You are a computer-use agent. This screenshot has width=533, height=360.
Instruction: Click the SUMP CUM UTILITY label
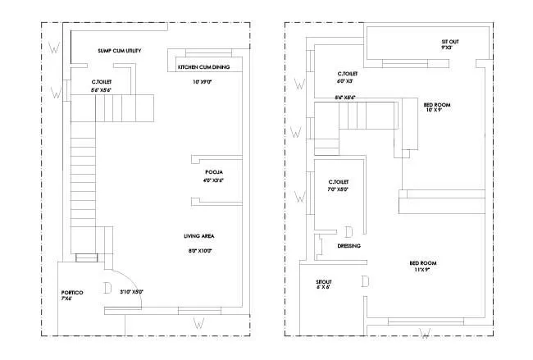click(x=120, y=51)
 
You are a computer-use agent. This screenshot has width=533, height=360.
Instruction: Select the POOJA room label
click(x=215, y=172)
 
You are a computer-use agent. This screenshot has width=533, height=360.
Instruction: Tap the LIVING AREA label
click(x=199, y=236)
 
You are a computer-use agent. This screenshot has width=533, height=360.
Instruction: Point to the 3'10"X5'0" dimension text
click(x=131, y=291)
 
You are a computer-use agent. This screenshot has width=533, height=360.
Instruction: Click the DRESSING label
click(x=349, y=245)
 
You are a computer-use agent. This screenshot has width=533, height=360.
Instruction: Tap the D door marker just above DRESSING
click(x=348, y=232)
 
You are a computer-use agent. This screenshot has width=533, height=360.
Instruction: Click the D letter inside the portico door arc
click(x=107, y=288)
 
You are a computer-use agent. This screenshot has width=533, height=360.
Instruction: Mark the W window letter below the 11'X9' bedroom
click(x=425, y=332)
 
